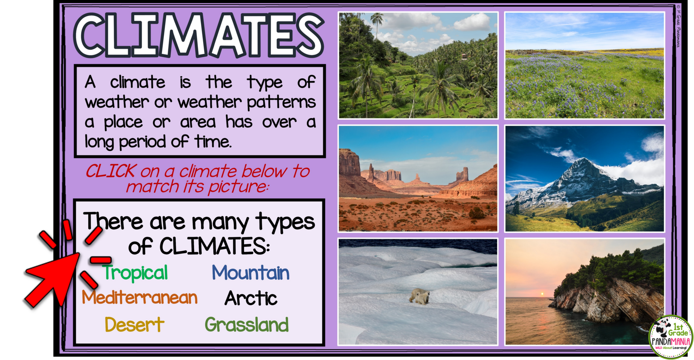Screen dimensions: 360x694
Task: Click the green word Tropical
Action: pyautogui.click(x=135, y=273)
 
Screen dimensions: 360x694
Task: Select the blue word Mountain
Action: pyautogui.click(x=250, y=273)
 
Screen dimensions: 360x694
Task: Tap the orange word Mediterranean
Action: pyautogui.click(x=140, y=298)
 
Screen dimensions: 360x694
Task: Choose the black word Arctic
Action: pyautogui.click(x=251, y=299)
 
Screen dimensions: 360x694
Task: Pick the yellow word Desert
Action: pyautogui.click(x=134, y=325)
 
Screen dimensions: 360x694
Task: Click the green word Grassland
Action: pyautogui.click(x=247, y=325)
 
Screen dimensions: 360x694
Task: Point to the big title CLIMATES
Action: pyautogui.click(x=198, y=35)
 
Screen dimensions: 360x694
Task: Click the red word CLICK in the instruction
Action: pyautogui.click(x=111, y=171)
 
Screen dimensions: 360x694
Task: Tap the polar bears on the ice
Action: pyautogui.click(x=420, y=296)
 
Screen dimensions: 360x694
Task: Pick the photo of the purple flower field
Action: pyautogui.click(x=584, y=65)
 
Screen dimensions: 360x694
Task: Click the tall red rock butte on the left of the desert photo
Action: pyautogui.click(x=349, y=163)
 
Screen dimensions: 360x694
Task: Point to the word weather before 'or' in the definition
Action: pyautogui.click(x=117, y=102)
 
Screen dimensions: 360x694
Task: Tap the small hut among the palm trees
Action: pyautogui.click(x=464, y=57)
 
